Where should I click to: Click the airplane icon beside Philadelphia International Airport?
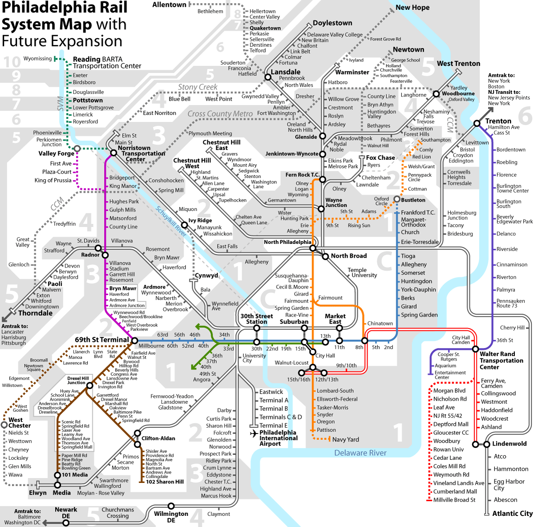[x=254, y=433]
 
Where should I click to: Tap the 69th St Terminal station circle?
[x=135, y=341]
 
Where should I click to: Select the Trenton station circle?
[x=477, y=123]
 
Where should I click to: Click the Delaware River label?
[x=360, y=453]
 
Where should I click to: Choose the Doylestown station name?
[x=332, y=23]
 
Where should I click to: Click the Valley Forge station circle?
[x=77, y=149]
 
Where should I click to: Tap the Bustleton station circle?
[x=397, y=199]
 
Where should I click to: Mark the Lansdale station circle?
[x=268, y=77]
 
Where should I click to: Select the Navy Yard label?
[x=346, y=439]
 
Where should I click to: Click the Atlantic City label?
[x=512, y=513]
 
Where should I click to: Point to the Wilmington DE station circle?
[x=171, y=506]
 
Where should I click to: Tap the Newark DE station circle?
[x=66, y=523]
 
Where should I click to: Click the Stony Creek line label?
[x=198, y=87]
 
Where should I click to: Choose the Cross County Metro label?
[x=220, y=114]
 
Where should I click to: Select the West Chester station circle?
[x=4, y=425]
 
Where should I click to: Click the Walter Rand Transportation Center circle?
[x=476, y=349]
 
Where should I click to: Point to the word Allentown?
[x=169, y=5]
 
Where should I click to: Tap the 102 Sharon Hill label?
[x=165, y=482]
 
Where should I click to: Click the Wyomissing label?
[x=37, y=59]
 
